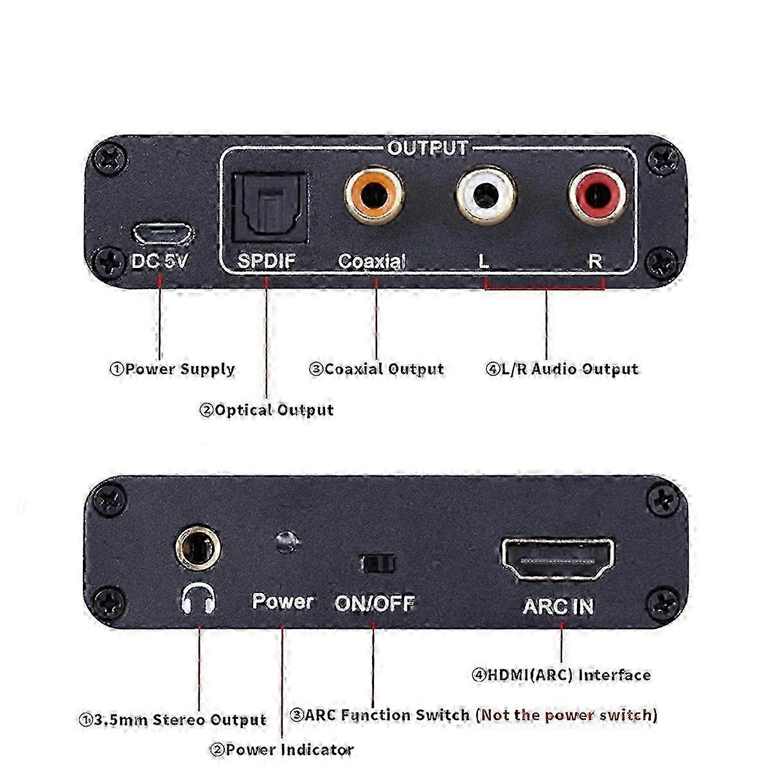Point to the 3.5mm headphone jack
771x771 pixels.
point(198,548)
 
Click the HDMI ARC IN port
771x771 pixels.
point(557,559)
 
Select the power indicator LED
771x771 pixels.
point(287,541)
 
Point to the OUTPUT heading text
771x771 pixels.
point(427,148)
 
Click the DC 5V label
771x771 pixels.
point(159,261)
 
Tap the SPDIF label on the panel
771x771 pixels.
point(266,261)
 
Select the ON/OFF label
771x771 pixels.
point(375,604)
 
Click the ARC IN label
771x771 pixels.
point(558,607)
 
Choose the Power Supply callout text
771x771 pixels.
point(172,369)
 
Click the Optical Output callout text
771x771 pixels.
point(267,411)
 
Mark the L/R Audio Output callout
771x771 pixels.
point(562,369)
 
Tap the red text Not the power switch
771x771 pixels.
point(567,715)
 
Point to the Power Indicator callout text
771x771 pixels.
point(282,750)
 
